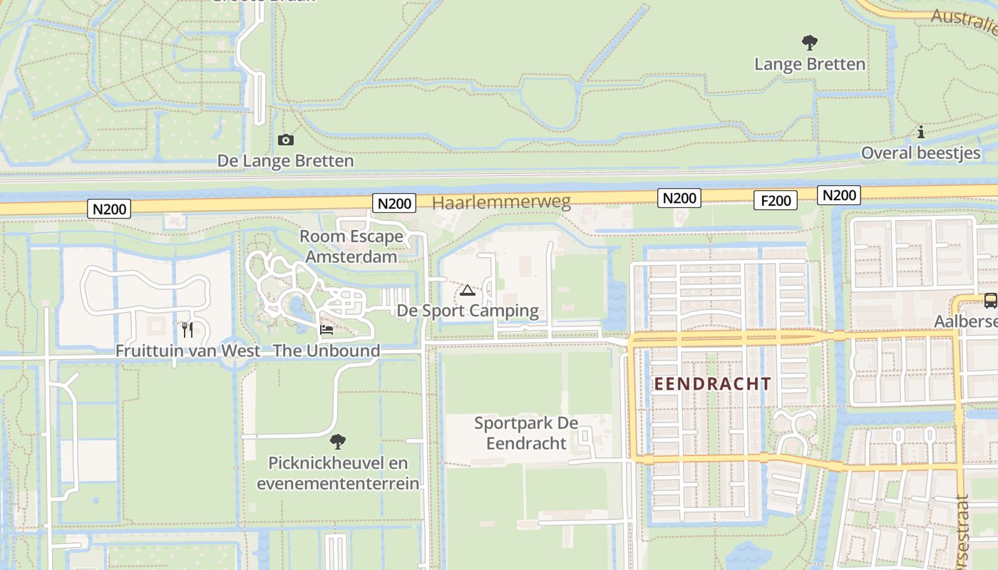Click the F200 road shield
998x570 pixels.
tap(776, 201)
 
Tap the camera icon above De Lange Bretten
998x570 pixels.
tap(285, 140)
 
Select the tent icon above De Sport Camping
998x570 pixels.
tap(467, 290)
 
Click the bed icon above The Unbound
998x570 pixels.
tap(326, 330)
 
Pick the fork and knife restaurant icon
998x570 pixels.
tap(187, 329)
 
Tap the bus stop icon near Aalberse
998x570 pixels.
tap(990, 301)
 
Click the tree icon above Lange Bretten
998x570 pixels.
tap(809, 43)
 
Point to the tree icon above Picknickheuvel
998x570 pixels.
tap(338, 442)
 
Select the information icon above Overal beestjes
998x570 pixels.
tap(921, 133)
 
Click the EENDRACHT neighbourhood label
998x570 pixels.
tap(713, 384)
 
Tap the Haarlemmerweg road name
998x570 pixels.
tap(501, 202)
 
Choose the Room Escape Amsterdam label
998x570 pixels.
tap(351, 247)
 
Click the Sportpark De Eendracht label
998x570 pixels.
tap(526, 433)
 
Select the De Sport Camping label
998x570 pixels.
tap(468, 311)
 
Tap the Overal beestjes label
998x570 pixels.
tap(920, 153)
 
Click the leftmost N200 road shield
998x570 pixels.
tap(110, 209)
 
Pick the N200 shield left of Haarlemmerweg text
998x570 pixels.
tap(394, 204)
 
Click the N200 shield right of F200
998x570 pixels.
tap(839, 195)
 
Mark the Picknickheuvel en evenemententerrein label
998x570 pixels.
tap(338, 473)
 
